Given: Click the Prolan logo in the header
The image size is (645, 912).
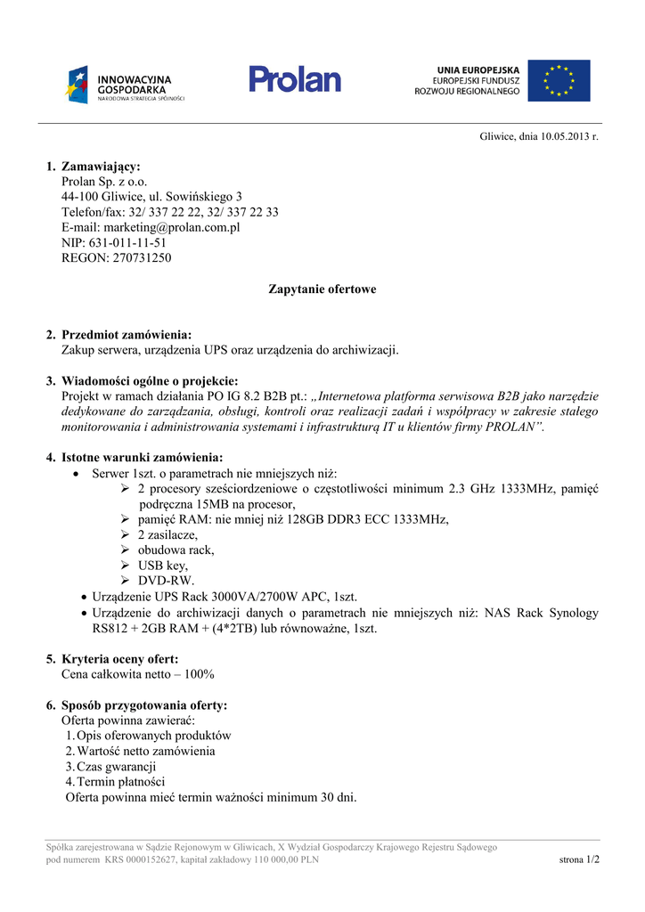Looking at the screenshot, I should point(295,79).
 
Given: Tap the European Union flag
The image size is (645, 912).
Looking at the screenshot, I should point(559,81).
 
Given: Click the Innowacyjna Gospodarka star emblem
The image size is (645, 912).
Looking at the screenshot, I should point(76,84).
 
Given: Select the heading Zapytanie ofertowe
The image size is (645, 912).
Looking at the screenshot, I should point(322,289).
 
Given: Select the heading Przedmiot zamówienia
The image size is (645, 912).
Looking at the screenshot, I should point(127,335).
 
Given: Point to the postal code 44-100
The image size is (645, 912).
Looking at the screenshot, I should point(79,197).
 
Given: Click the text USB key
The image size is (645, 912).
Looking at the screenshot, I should point(163,566).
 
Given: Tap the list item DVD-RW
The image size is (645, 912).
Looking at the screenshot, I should point(166,581).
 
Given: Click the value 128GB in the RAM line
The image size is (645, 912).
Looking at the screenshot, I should point(274,520).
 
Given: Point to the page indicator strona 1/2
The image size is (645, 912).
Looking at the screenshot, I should point(579,859).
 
